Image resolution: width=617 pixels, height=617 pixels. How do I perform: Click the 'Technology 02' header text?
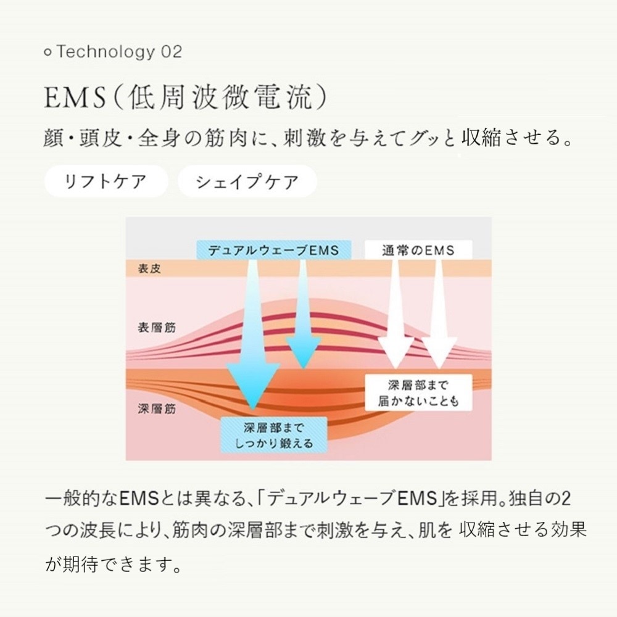(119, 52)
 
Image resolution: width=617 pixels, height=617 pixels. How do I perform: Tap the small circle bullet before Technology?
(48, 52)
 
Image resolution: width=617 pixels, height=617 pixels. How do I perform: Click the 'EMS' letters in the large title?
(75, 97)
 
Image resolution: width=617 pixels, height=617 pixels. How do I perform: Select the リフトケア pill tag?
(106, 181)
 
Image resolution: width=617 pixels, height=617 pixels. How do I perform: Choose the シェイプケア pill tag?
(247, 181)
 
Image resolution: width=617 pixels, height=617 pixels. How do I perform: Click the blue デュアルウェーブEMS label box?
(274, 251)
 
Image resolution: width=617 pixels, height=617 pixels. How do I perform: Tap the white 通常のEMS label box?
(418, 251)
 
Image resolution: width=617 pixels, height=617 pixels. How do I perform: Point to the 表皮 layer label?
(149, 269)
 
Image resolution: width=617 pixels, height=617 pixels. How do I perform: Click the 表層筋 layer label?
(157, 328)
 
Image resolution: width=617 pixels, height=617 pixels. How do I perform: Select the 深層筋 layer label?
(157, 409)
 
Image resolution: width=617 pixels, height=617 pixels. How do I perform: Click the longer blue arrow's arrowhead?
(252, 386)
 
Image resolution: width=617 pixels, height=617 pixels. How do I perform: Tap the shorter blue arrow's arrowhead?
(303, 352)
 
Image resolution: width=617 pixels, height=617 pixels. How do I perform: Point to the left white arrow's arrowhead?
(395, 353)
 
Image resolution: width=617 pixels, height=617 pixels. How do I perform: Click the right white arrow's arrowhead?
(439, 353)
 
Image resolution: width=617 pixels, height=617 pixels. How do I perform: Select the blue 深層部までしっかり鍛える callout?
(274, 435)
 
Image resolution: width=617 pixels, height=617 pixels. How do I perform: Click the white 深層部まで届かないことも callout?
(418, 392)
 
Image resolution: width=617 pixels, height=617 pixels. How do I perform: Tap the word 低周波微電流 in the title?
(220, 97)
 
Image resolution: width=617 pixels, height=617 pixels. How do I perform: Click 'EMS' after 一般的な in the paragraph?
(138, 499)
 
